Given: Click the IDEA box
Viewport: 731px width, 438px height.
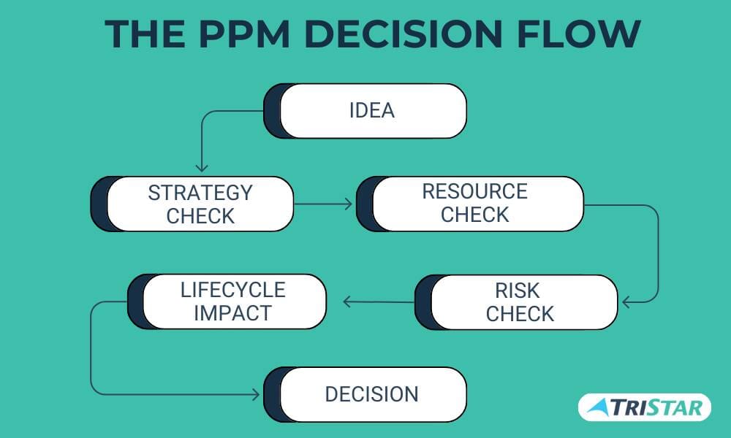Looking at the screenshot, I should [371, 111].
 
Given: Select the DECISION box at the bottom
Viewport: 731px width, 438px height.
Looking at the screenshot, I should [371, 394].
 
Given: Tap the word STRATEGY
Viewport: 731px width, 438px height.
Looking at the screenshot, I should [200, 193].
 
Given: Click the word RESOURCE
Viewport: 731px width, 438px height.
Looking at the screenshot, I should [474, 191].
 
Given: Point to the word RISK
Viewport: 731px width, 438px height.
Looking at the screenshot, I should [517, 291].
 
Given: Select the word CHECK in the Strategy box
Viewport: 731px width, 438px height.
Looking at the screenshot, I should [200, 216].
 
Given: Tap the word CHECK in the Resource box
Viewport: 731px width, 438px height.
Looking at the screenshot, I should [474, 215].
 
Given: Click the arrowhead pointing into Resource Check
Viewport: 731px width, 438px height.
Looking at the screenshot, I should [347, 204].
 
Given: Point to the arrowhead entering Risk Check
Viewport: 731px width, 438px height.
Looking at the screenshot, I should [626, 301].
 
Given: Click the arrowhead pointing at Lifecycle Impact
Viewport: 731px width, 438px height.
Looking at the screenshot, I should [349, 301].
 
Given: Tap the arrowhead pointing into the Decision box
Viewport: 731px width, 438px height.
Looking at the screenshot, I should [255, 394].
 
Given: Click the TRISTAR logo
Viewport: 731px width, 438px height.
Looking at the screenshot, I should [644, 407].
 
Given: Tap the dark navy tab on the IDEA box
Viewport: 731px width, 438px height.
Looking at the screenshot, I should [272, 111].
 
